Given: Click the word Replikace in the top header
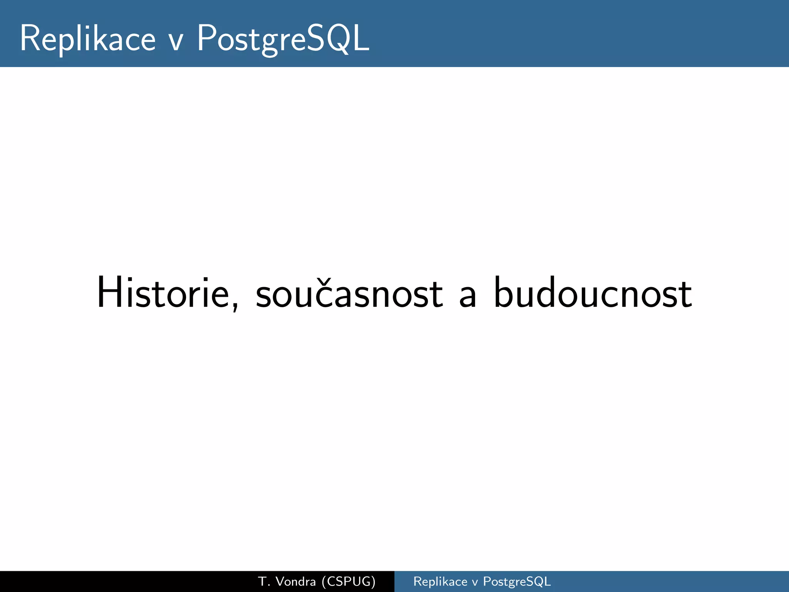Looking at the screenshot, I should (88, 39).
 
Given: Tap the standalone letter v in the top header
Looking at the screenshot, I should (176, 42).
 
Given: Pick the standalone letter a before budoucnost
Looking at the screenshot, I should (468, 298).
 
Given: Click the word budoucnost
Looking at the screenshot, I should (593, 293).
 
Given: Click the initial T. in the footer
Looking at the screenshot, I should (263, 581).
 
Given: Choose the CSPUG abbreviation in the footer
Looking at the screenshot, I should (348, 581).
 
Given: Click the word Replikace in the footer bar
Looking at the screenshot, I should (440, 581).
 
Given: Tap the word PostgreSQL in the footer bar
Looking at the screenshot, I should (517, 581).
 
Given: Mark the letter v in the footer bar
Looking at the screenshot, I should (475, 582).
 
